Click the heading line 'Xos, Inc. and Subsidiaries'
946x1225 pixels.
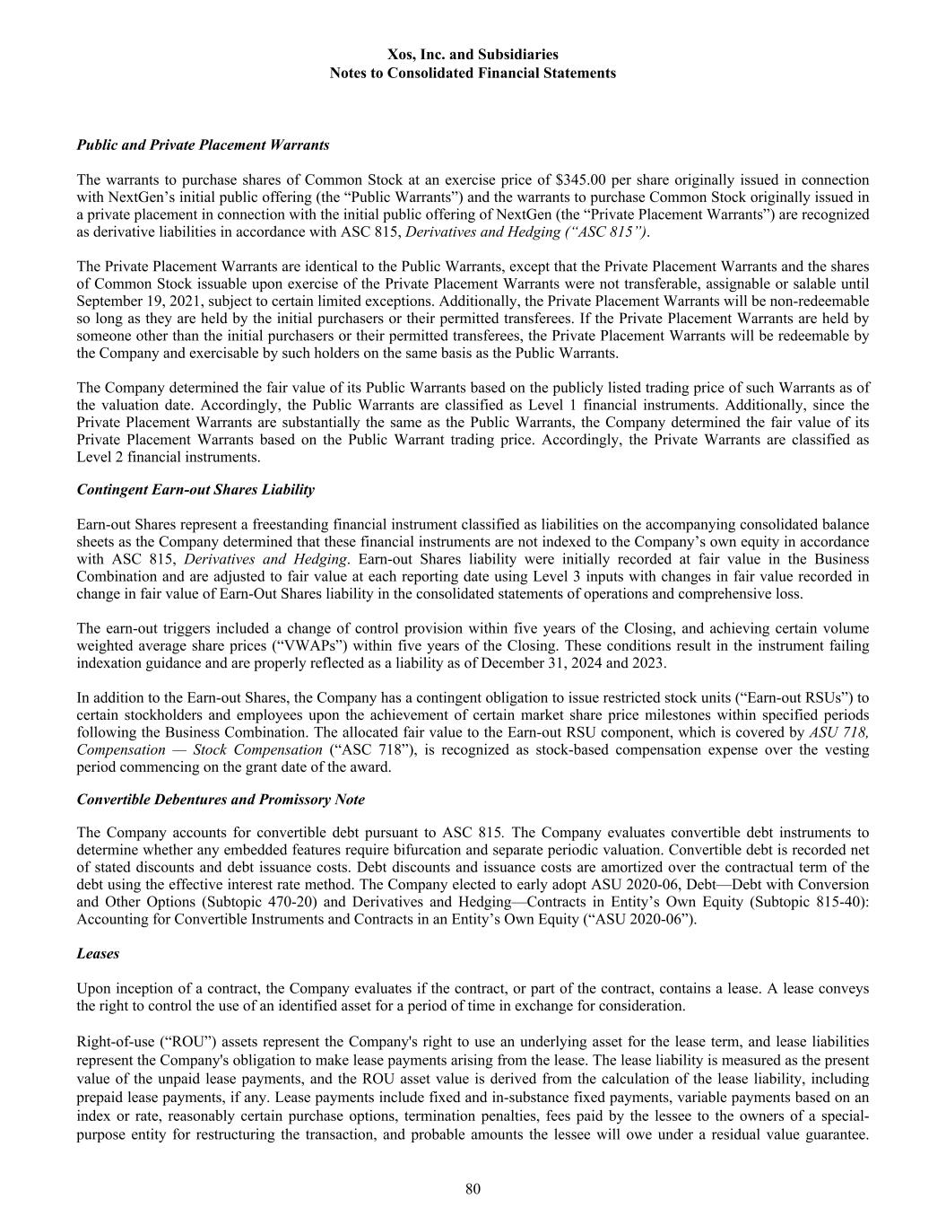pyautogui.click(x=473, y=56)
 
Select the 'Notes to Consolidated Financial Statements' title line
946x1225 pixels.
pyautogui.click(x=473, y=74)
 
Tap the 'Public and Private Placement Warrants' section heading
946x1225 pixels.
pyautogui.click(x=203, y=144)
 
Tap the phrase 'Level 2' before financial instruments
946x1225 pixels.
pyautogui.click(x=100, y=458)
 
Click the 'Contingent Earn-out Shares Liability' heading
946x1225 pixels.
pyautogui.click(x=195, y=490)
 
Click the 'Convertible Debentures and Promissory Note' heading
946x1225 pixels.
pyautogui.click(x=221, y=800)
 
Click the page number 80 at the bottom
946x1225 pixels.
pyautogui.click(x=473, y=1190)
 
